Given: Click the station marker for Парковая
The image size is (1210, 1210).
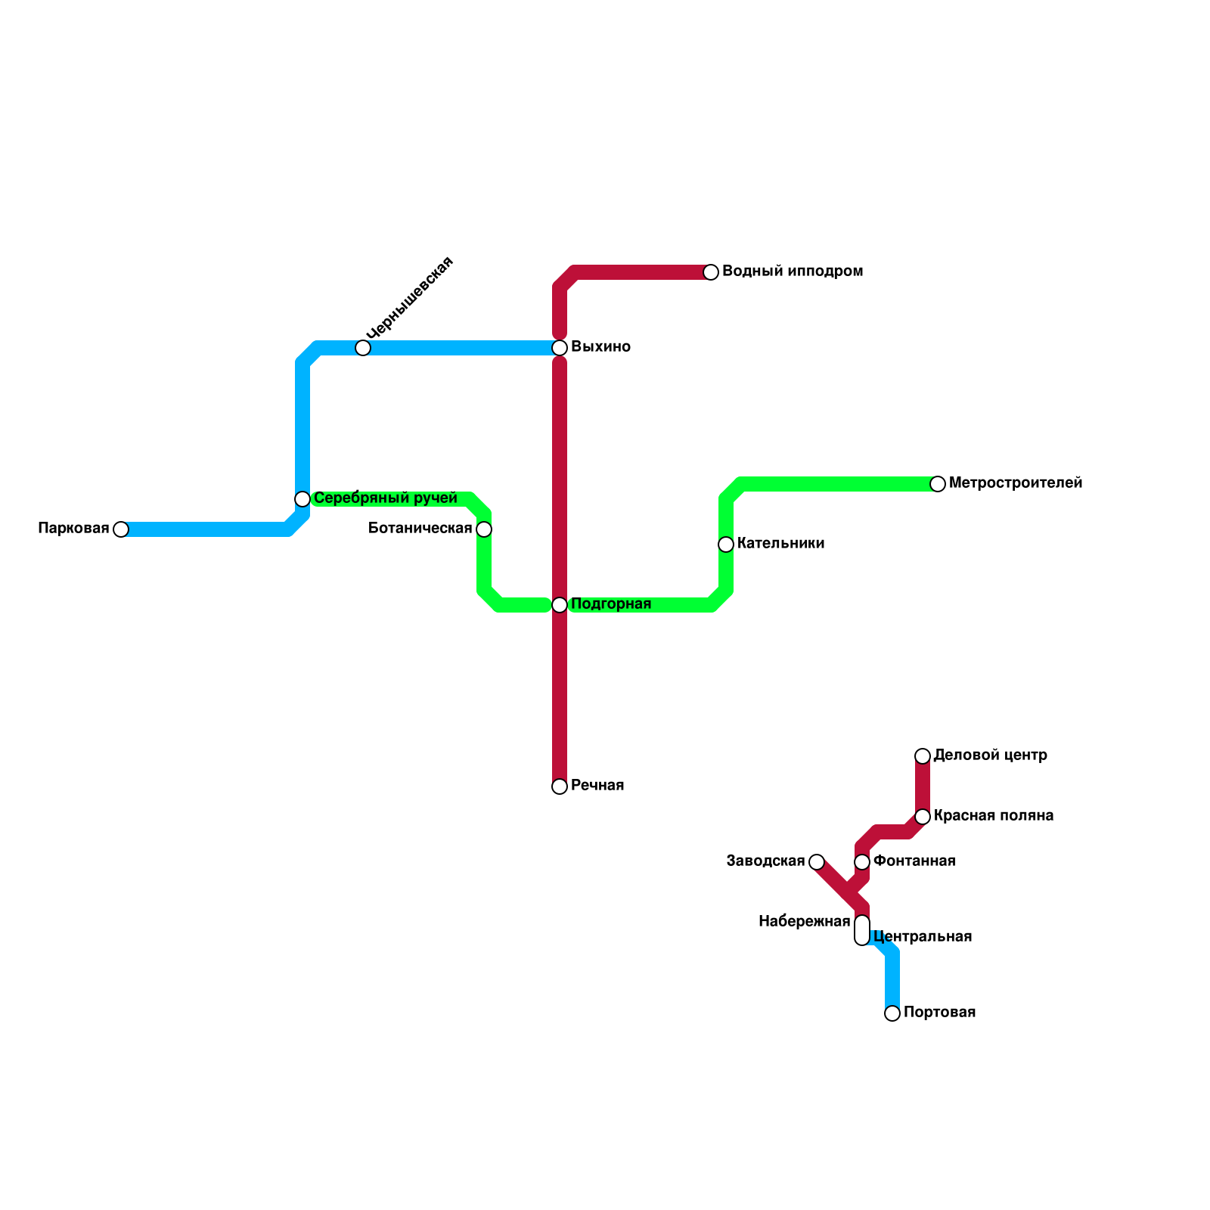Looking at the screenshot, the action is click(121, 529).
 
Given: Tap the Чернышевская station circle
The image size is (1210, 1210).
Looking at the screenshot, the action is click(363, 348).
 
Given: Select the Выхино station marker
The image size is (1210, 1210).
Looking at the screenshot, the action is click(560, 348).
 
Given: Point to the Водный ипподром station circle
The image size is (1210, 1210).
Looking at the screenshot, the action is click(711, 272).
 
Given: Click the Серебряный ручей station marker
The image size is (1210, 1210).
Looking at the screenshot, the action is click(302, 499).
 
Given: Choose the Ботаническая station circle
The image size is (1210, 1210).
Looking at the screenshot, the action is click(484, 529).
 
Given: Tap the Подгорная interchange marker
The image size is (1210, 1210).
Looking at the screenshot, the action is click(560, 605).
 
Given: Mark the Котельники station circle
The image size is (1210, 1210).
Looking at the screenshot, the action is click(726, 544).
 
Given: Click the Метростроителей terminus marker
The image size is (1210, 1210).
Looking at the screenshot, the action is click(938, 484).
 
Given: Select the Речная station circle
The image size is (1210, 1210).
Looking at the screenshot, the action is click(560, 786).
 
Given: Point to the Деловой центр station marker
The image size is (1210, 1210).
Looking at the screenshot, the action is click(923, 756).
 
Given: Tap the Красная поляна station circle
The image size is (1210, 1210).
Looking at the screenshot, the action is click(923, 817).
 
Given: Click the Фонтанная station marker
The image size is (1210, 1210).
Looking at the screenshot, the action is click(862, 862).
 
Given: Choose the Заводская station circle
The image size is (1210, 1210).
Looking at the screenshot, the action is click(817, 862).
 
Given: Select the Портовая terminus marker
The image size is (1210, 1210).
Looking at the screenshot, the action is click(892, 1013).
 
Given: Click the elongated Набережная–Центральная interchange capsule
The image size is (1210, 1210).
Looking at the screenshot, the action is click(862, 930).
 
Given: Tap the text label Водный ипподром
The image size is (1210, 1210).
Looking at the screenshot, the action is click(793, 271).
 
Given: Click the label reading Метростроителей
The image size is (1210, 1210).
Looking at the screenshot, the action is click(1016, 483).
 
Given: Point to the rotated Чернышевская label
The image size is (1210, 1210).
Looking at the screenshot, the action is click(409, 298).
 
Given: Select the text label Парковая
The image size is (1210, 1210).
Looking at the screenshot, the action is click(73, 529).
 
